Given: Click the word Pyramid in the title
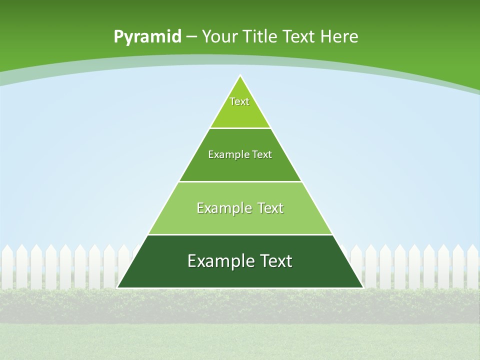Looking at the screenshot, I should point(147,37).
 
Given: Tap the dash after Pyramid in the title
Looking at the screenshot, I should point(191,37).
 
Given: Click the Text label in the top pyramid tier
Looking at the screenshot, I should point(239,101).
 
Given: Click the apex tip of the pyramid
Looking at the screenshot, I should point(240,76).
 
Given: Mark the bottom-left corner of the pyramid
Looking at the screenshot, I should point(117,287).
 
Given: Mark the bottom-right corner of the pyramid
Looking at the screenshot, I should point(362,287).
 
